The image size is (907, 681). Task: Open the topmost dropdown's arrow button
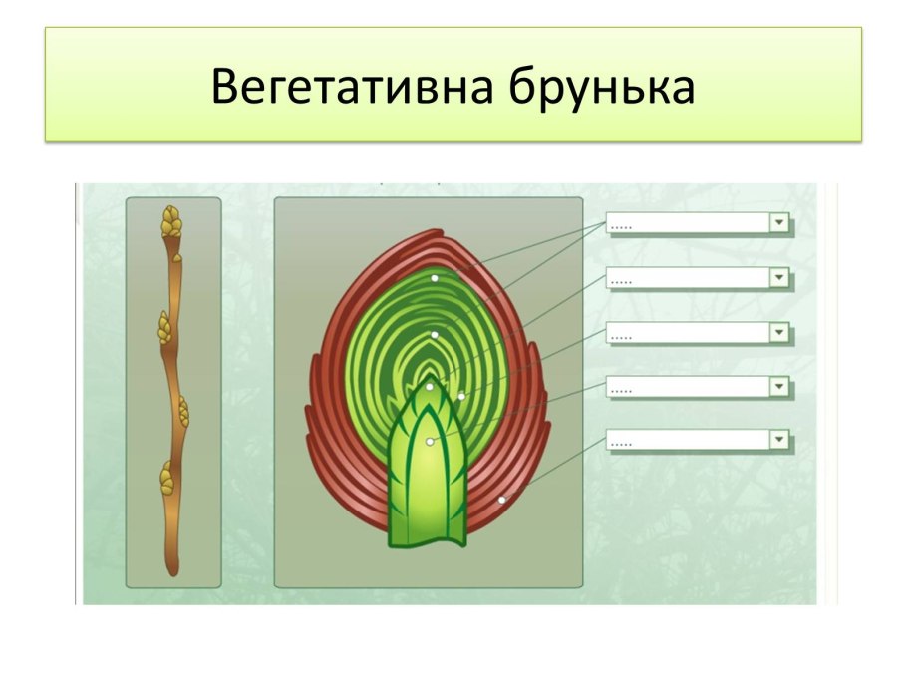779,223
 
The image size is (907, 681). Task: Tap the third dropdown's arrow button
779,332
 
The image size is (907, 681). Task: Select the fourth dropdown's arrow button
779,386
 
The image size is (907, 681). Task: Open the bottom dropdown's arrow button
779,440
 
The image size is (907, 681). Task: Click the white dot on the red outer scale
502,499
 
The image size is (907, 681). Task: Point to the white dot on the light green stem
430,441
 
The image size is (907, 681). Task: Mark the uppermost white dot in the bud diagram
435,279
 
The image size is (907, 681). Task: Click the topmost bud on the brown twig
171,221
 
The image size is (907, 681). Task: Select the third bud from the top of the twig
182,411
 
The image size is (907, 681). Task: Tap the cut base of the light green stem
427,541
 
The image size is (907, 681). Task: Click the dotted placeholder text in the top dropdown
622,226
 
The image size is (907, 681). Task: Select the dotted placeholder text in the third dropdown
622,335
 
